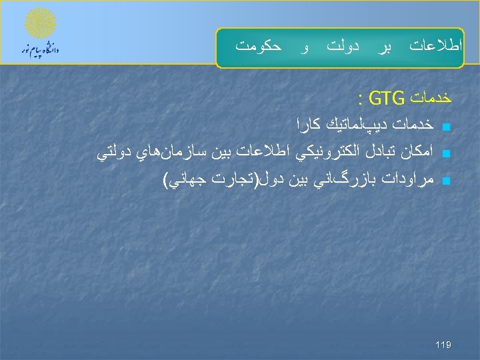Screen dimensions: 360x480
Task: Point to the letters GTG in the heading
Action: click(x=386, y=100)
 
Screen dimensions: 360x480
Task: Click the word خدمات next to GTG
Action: click(x=431, y=100)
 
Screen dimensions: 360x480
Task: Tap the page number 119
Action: click(x=443, y=345)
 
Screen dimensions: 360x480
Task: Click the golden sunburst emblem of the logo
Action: click(x=41, y=23)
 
